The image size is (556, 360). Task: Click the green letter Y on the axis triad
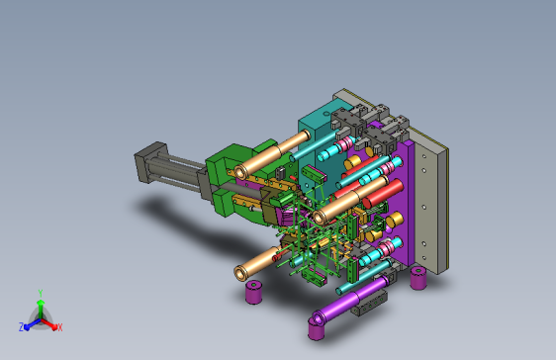coord(41,293)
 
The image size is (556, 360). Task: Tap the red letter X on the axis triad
coord(60,327)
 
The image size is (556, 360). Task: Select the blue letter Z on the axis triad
coord(22,326)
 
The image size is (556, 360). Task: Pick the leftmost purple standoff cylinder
coord(253,292)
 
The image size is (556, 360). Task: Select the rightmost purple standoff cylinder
coord(418,278)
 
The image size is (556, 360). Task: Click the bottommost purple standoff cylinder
coord(317,328)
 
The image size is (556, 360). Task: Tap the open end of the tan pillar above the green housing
coord(240,172)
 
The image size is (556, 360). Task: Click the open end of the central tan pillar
coord(319,217)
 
